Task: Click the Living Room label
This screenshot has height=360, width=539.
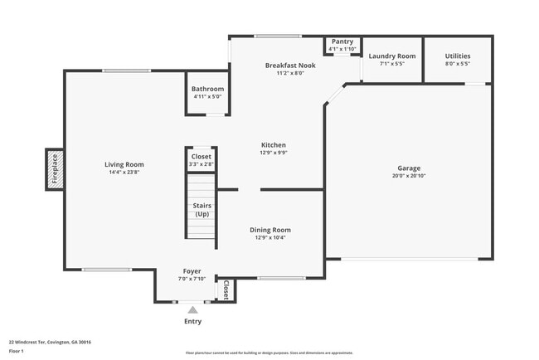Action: tap(124, 164)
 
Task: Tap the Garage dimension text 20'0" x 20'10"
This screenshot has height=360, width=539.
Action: tap(412, 177)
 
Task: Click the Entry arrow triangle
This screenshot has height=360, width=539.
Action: tap(192, 309)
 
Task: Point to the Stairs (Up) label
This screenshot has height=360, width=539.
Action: tap(202, 210)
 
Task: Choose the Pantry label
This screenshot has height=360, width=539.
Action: tap(342, 41)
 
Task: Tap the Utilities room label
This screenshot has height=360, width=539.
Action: tap(457, 56)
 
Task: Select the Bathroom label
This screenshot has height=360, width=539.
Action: tap(207, 89)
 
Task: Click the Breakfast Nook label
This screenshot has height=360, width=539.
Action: tap(285, 65)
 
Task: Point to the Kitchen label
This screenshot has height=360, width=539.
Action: tap(273, 144)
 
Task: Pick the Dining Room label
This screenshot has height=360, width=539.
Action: tap(270, 230)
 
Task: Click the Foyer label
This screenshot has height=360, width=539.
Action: tap(192, 271)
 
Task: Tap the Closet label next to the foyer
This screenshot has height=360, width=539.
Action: tap(226, 289)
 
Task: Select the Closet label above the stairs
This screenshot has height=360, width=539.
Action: tap(202, 156)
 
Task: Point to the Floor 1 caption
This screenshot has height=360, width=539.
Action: tap(17, 351)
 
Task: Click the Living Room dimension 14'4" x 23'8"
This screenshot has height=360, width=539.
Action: tap(124, 173)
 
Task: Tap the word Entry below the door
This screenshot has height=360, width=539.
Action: tap(192, 322)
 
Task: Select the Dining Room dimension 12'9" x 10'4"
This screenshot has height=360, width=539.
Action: tap(270, 238)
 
